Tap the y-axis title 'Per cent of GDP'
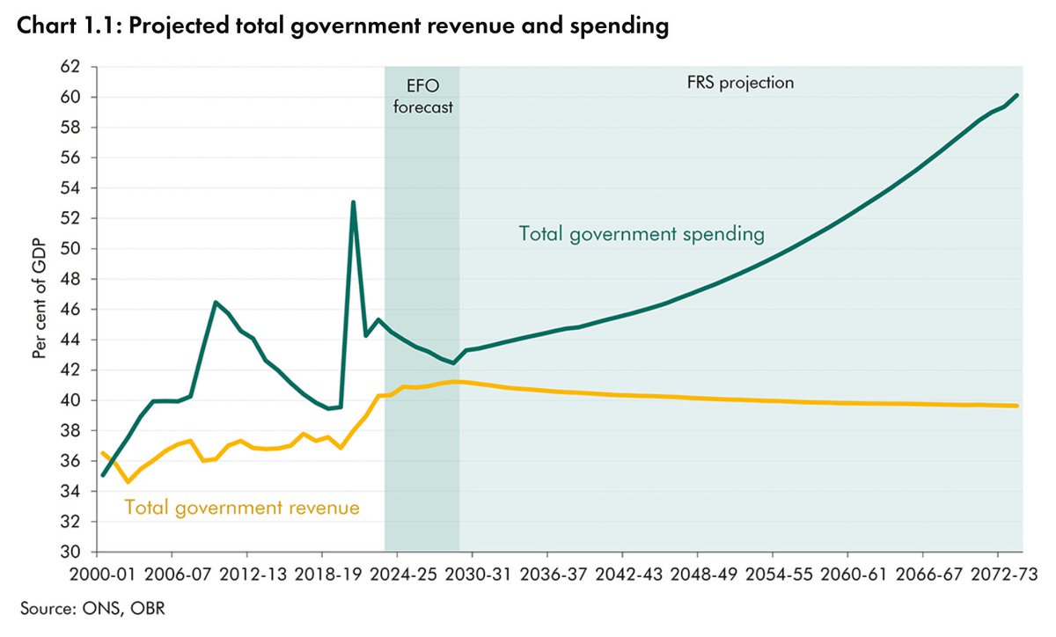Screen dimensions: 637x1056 click(39, 309)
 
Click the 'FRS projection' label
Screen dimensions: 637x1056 click(739, 84)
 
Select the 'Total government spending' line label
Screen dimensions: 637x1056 click(641, 235)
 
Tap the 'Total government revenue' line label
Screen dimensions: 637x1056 click(242, 508)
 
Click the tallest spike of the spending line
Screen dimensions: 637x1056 click(353, 202)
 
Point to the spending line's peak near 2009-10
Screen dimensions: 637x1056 click(216, 302)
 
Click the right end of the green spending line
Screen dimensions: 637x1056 click(1018, 95)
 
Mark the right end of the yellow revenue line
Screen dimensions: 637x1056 click(1018, 406)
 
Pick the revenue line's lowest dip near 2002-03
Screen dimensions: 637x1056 click(128, 482)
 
